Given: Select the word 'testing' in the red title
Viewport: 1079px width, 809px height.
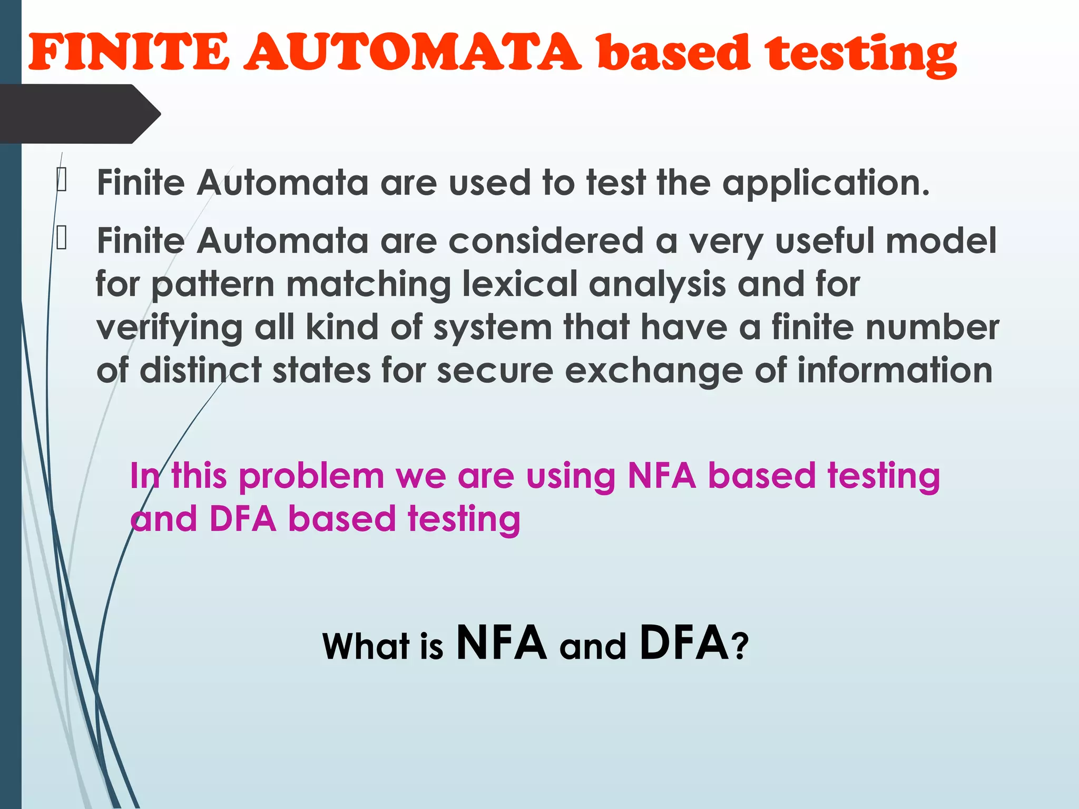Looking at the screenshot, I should coord(861,54).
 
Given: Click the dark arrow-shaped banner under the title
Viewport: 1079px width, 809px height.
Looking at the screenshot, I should coord(79,114).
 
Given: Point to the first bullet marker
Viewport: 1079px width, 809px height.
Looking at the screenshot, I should coord(62,180).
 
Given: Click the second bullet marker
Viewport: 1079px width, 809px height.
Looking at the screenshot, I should coord(62,238).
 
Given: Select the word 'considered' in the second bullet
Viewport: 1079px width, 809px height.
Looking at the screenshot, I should coord(546,241).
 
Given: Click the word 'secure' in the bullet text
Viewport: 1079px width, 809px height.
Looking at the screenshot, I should coord(495,370).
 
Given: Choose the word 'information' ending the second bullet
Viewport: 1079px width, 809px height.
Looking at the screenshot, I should coord(895,370).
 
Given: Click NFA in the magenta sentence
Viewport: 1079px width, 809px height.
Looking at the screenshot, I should coord(662,476).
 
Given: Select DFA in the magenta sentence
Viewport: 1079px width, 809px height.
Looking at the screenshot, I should coord(243,519).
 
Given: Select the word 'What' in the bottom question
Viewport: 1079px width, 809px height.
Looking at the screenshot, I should coord(366,646).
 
